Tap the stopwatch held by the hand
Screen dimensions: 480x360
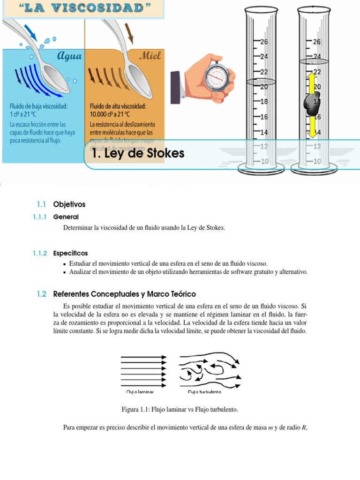tap(217, 74)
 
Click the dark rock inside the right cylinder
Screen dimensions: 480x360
tap(310, 105)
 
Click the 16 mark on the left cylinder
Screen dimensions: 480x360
tap(264, 117)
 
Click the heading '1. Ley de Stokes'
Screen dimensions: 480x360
tap(139, 153)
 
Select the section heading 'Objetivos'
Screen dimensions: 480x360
tap(69, 204)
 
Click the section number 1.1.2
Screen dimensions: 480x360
tap(40, 253)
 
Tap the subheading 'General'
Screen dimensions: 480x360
tap(66, 217)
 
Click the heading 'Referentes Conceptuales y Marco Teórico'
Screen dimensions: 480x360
tap(124, 294)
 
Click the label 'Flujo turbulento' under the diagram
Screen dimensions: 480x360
tap(204, 391)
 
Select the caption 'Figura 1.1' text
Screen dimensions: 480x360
tap(180, 409)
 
